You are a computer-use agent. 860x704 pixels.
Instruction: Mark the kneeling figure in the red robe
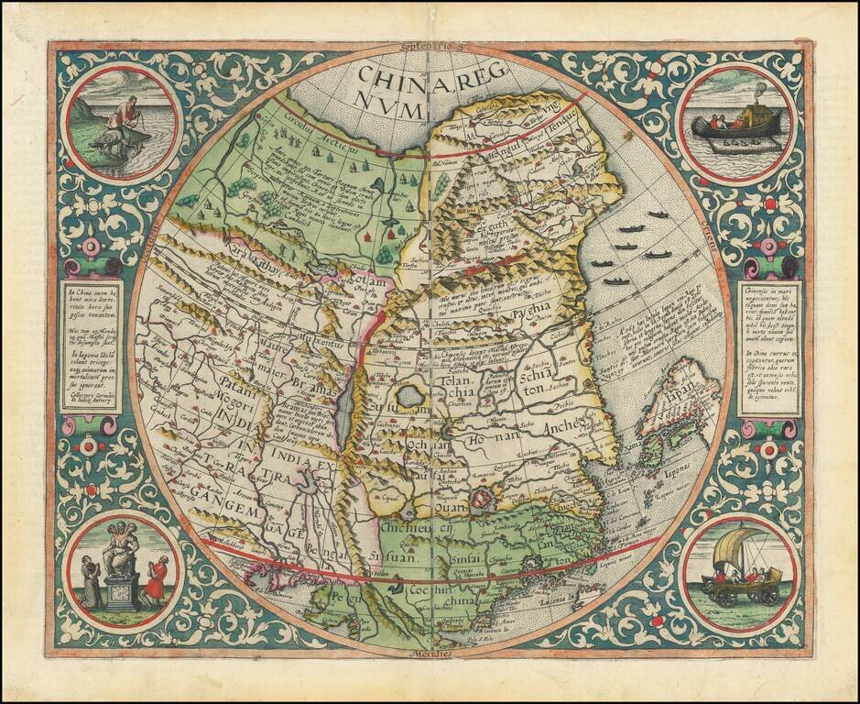(x=159, y=577)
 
